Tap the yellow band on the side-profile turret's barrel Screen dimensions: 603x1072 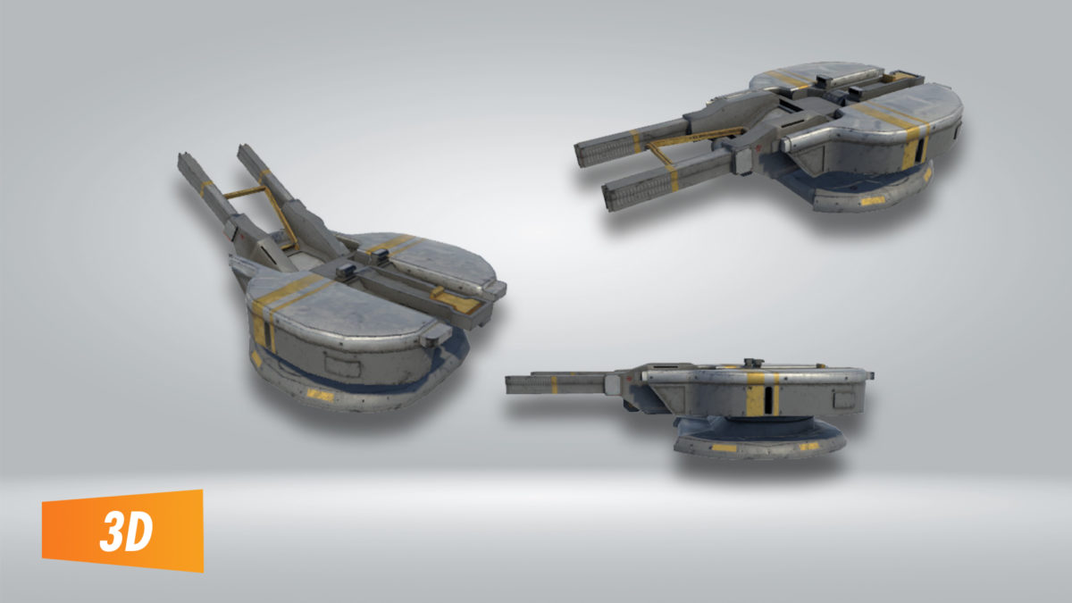click(554, 384)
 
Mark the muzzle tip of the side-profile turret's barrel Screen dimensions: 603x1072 click(508, 384)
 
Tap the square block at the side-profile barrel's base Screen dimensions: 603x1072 click(614, 385)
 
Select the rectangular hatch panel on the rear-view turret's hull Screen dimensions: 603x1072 click(341, 364)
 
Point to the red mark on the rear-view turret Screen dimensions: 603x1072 click(235, 227)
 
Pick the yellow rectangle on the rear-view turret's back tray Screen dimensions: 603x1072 click(460, 303)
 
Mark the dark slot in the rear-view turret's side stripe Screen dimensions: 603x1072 click(267, 334)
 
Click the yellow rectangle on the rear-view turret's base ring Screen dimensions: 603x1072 click(319, 394)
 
